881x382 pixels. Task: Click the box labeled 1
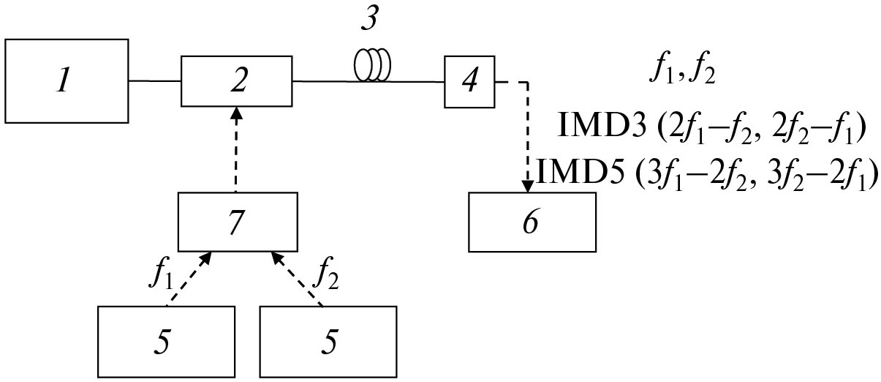point(67,80)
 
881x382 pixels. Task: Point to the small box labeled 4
point(469,80)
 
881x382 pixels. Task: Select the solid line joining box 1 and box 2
point(155,80)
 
